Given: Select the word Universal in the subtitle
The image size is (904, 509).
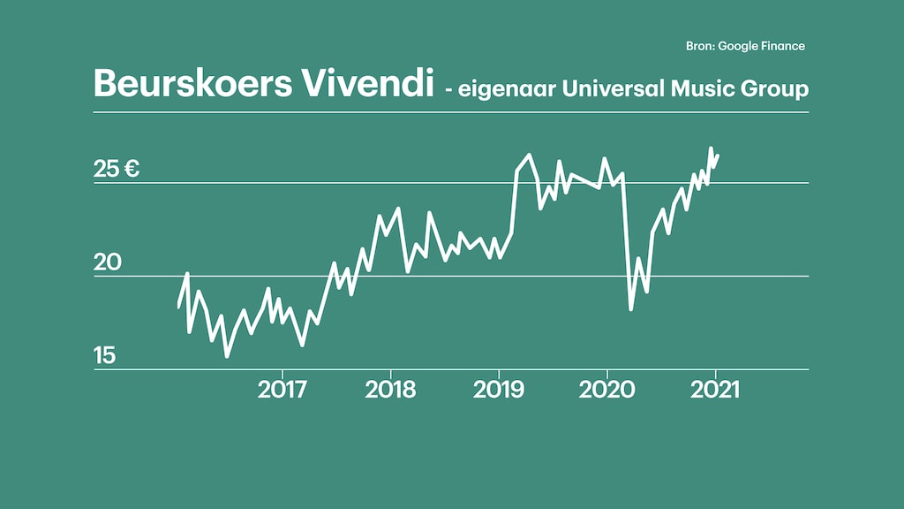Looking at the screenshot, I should pyautogui.click(x=602, y=88).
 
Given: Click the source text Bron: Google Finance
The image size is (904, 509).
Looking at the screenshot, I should pyautogui.click(x=745, y=46).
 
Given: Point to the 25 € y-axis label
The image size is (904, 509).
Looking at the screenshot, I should pyautogui.click(x=117, y=169).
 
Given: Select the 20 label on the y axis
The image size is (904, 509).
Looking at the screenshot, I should pyautogui.click(x=106, y=262).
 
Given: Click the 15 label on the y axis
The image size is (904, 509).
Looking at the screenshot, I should pyautogui.click(x=105, y=356).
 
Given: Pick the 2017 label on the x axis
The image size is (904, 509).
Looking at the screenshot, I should pyautogui.click(x=282, y=390).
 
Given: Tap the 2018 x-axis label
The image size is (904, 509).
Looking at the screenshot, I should pyautogui.click(x=390, y=390).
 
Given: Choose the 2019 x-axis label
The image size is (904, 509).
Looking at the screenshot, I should pyautogui.click(x=499, y=390).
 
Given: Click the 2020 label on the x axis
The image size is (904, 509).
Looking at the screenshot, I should pyautogui.click(x=606, y=390).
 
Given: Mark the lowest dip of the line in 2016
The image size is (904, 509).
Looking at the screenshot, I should pyautogui.click(x=227, y=356).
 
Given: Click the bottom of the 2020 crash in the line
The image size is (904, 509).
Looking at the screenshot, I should pyautogui.click(x=630, y=309).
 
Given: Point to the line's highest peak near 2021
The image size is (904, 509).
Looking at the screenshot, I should pyautogui.click(x=711, y=148).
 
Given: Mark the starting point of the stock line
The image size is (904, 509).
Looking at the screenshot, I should pyautogui.click(x=178, y=307).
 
